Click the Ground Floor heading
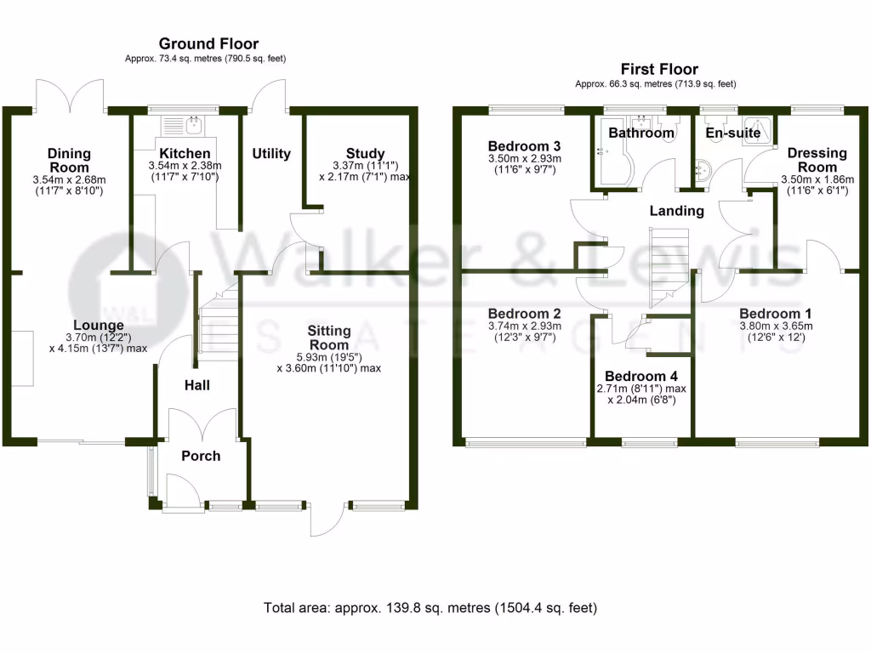tap(208, 44)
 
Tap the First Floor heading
tap(659, 70)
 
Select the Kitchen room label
tap(185, 153)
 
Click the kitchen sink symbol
tap(183, 126)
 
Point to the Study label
tap(366, 153)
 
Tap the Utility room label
tap(271, 154)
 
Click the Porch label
tap(201, 456)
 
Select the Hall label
tap(197, 385)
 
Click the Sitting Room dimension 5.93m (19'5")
tap(329, 357)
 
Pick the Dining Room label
tap(69, 161)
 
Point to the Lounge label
tap(99, 326)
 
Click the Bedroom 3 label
tap(524, 146)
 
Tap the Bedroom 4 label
tap(641, 377)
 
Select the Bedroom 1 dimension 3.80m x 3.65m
tap(776, 326)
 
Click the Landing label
tap(676, 211)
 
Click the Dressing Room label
tap(817, 160)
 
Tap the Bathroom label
tap(641, 133)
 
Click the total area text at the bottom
tap(430, 608)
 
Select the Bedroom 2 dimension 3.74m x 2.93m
tap(524, 326)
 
